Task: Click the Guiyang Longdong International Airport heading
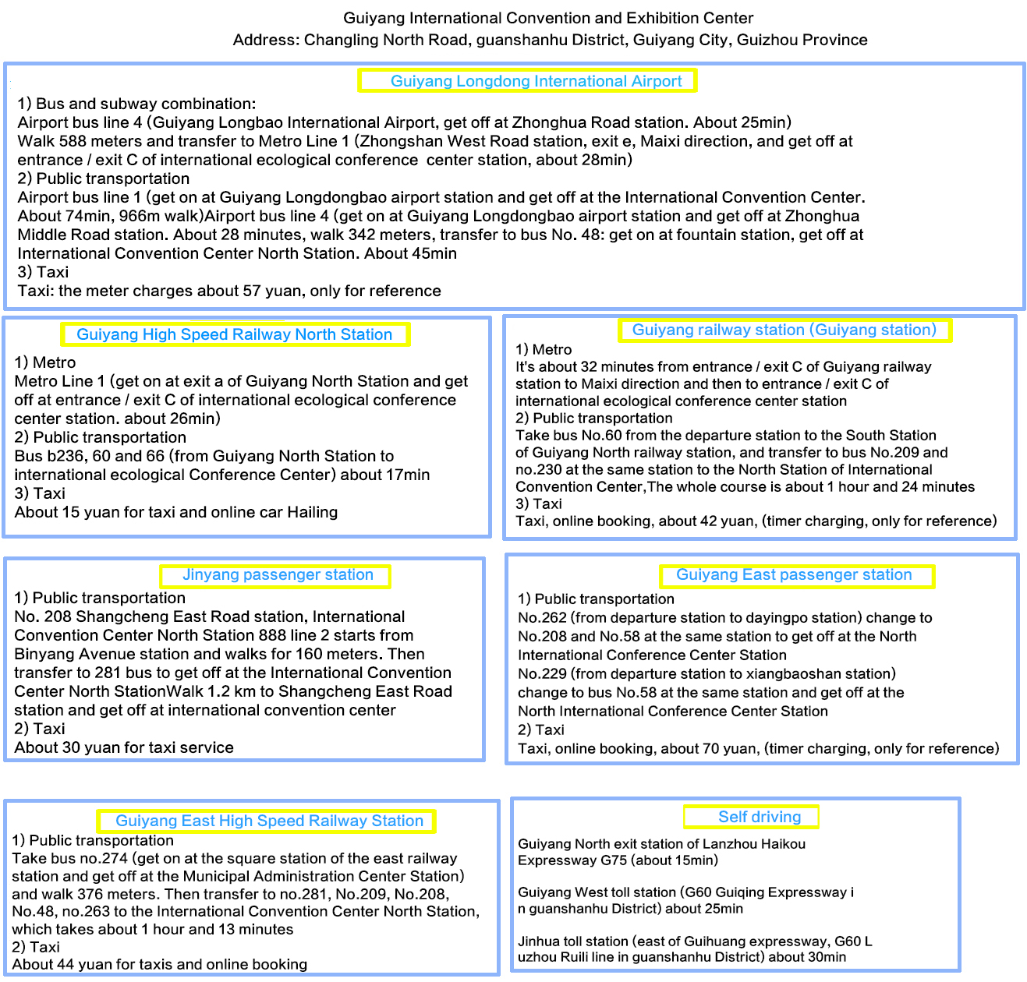(x=536, y=81)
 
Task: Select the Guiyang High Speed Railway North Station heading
(x=234, y=334)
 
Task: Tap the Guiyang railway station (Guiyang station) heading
(x=784, y=330)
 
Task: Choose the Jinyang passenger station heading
(x=278, y=575)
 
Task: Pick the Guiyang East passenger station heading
(x=794, y=575)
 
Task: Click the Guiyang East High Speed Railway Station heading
(x=269, y=821)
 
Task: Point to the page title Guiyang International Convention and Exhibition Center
(x=548, y=18)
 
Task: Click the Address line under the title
(x=550, y=40)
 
